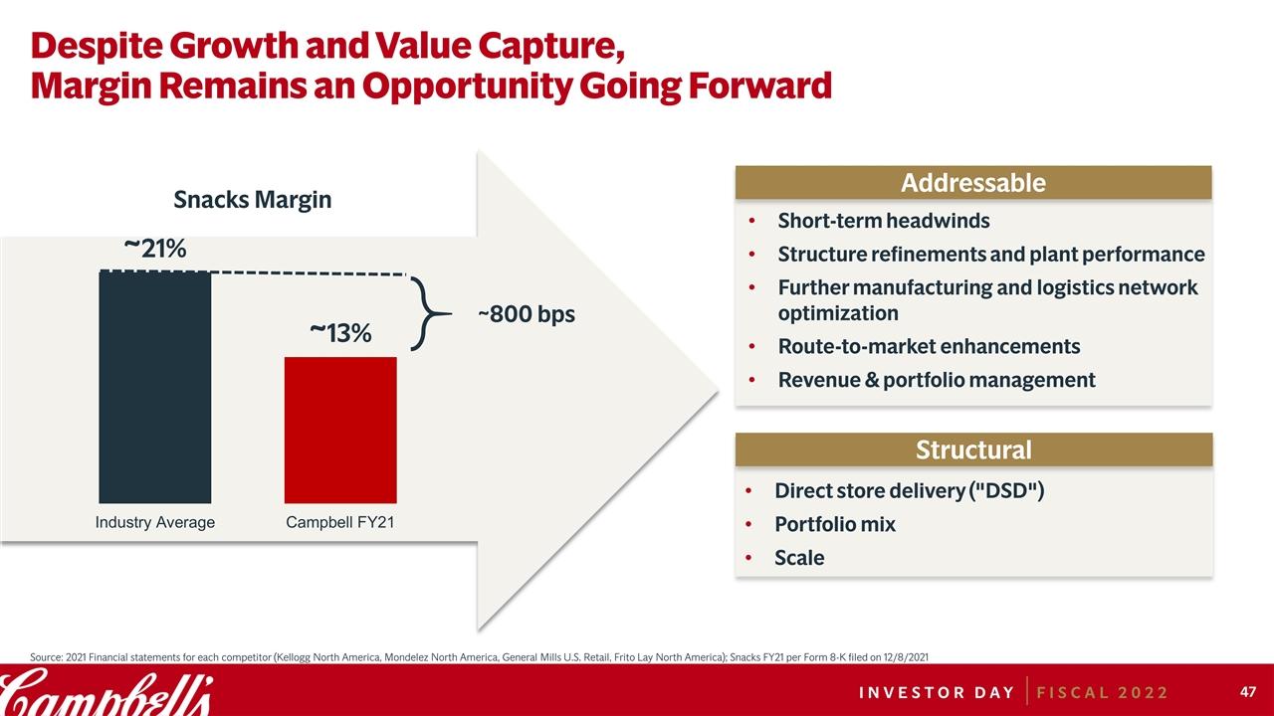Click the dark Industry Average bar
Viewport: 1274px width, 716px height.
154,387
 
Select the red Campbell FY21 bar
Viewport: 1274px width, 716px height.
340,430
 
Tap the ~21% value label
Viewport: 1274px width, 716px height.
154,249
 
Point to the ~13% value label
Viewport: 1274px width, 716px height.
340,332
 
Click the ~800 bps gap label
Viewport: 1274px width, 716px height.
526,314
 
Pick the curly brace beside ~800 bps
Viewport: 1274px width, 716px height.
425,314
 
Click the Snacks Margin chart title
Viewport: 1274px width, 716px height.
252,200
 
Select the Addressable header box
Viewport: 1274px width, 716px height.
972,183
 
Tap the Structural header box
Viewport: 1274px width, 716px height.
972,449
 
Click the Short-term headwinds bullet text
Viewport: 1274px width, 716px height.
884,220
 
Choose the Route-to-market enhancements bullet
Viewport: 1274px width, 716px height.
929,346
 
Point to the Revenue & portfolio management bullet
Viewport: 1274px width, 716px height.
936,380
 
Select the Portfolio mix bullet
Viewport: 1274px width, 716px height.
834,524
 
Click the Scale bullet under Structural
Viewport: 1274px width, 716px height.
799,558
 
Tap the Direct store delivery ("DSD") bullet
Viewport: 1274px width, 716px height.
909,491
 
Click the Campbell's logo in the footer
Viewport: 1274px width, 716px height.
105,691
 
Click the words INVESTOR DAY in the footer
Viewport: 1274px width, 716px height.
923,691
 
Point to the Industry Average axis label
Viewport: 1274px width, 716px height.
154,522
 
